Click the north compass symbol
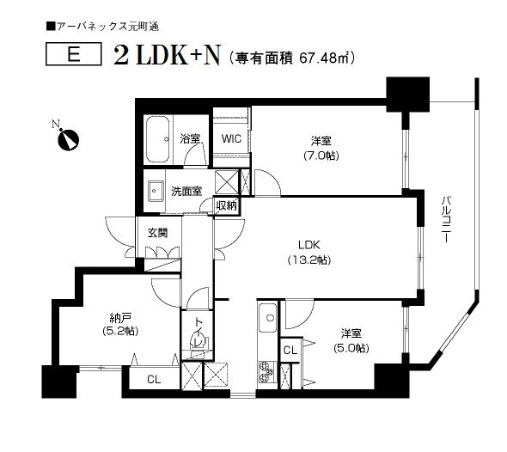(66, 138)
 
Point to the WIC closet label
(229, 137)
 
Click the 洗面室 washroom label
(186, 190)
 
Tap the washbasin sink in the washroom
(156, 190)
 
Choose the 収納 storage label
(227, 205)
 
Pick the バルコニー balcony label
(446, 219)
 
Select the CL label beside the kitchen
(290, 351)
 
